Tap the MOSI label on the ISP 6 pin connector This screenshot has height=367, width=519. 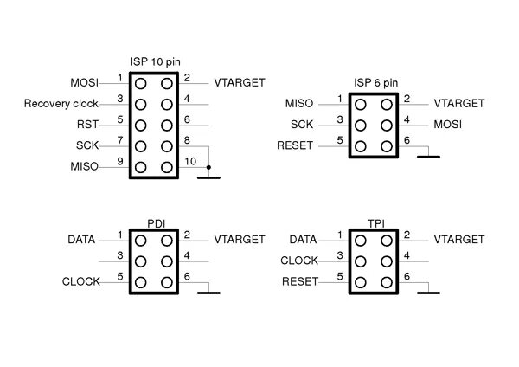448,125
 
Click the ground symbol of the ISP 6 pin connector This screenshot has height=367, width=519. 429,157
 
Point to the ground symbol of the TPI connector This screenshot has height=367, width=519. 429,293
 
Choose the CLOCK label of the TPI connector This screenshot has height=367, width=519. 300,261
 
